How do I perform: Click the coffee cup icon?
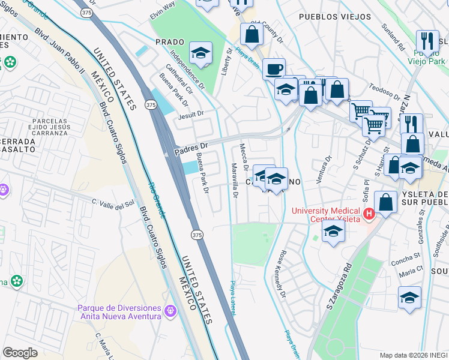point(274,68)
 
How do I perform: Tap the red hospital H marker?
point(369,213)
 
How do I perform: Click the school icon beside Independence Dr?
point(201,53)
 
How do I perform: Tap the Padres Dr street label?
point(190,148)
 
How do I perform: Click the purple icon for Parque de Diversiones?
point(170,311)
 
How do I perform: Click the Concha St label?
point(408,256)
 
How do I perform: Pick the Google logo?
point(20,353)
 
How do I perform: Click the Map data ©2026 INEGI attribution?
point(413,355)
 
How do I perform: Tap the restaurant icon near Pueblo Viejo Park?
point(427,41)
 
